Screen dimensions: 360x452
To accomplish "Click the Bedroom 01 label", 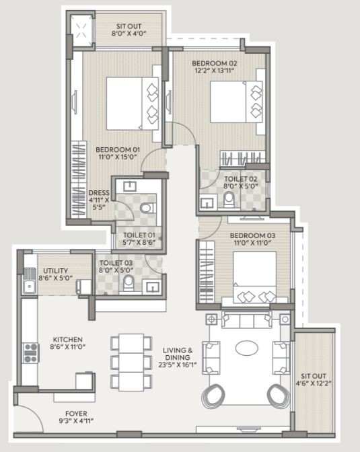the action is point(118,149).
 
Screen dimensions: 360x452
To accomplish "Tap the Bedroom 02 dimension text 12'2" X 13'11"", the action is point(215,71).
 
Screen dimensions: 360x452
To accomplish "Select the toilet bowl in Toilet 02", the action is point(229,200).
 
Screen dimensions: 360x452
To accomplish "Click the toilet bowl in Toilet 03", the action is point(129,283).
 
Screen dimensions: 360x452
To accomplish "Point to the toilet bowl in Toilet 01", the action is point(147,208).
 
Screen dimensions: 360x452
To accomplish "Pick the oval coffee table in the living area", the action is point(247,348).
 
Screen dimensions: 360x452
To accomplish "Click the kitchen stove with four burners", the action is point(31,353).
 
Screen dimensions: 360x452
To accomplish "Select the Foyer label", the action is point(76,414).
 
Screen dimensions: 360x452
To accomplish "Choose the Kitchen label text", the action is point(68,339).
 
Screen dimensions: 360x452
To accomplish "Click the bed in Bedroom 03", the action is point(254,277).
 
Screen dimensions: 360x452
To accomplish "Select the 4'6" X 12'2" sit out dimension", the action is point(313,383).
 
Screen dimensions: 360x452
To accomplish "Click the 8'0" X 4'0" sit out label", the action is point(129,33).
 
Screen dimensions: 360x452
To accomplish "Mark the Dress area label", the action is point(99,193).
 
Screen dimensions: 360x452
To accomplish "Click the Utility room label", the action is point(55,270).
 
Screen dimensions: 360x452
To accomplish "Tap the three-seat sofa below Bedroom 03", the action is point(247,319).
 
